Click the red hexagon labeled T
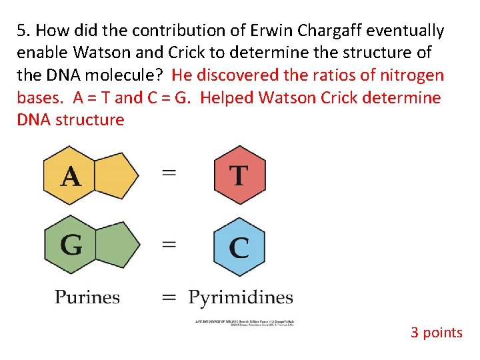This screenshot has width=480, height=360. click(x=239, y=175)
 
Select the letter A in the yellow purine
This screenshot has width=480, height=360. click(x=71, y=176)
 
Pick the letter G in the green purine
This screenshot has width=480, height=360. click(x=71, y=245)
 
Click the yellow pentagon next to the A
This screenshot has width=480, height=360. click(x=117, y=175)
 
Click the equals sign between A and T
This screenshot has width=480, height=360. click(x=169, y=173)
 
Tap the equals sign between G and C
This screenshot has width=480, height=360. click(x=169, y=244)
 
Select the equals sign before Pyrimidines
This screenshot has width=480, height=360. click(x=169, y=297)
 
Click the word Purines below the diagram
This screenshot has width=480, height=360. click(x=87, y=297)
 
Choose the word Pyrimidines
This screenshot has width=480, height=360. click(x=241, y=297)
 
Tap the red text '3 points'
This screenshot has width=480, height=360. click(x=436, y=332)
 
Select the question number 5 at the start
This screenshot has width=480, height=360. click(x=23, y=31)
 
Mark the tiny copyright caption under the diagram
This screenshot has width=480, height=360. click(x=244, y=323)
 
